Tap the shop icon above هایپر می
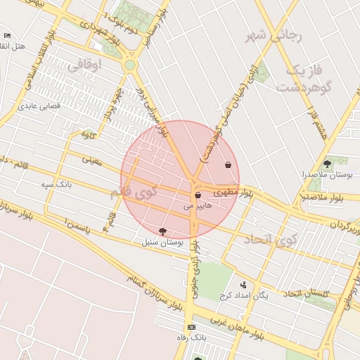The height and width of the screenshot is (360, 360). coord(198,195)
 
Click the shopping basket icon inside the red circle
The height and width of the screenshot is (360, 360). coord(228,165)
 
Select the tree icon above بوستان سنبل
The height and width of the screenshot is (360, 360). coord(163,231)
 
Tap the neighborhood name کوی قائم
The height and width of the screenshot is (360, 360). coord(134,192)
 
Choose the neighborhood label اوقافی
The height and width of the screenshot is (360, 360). coord(85,65)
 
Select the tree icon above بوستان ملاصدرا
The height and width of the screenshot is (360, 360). coord(326,163)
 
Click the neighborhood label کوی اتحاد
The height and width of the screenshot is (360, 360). coord(271,240)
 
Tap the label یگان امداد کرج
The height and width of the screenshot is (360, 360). coord(243,296)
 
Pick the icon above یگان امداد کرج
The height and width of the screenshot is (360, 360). coord(243,285)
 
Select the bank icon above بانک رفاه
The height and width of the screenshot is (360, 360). coord(191,328)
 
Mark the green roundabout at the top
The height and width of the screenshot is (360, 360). coord(129,65)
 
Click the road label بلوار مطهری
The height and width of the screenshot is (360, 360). coord(232,191)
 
